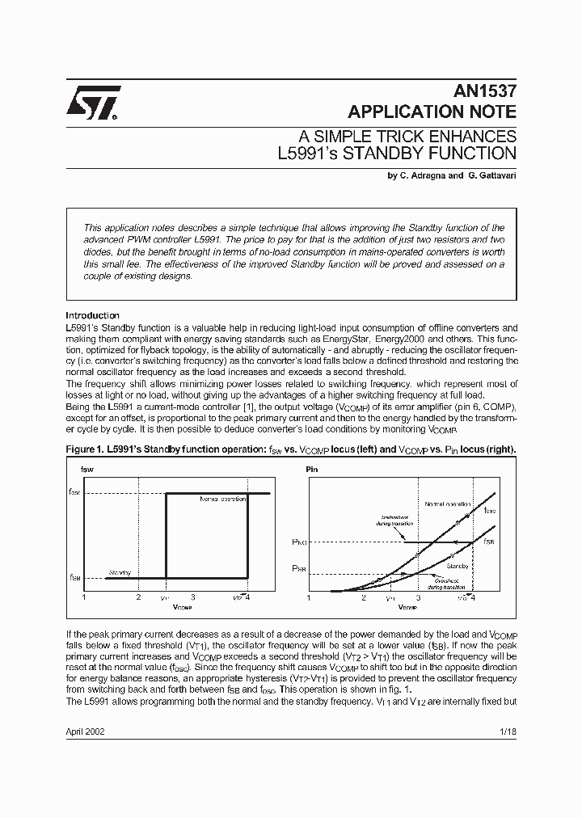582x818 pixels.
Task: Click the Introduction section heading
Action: click(x=92, y=315)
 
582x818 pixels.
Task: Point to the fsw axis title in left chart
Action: click(x=87, y=469)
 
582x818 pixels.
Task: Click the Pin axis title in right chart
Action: click(x=312, y=469)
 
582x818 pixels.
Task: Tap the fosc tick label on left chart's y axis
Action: click(x=74, y=491)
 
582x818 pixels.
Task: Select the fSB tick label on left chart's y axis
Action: click(x=74, y=578)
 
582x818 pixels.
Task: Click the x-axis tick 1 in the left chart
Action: click(x=84, y=597)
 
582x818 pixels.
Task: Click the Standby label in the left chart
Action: click(x=119, y=572)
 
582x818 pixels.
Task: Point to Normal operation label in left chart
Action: click(x=222, y=499)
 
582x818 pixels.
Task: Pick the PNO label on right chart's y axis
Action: click(x=298, y=542)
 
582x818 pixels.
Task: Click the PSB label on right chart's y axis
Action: click(x=298, y=569)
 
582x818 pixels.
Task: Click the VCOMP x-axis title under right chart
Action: click(x=408, y=605)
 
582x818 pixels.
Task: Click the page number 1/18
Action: click(x=507, y=731)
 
